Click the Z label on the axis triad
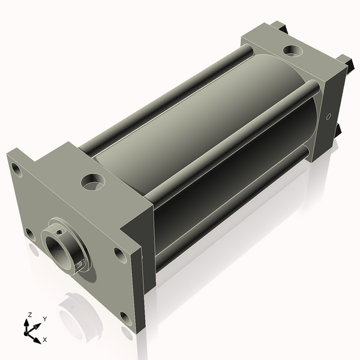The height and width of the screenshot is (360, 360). [x=30, y=314]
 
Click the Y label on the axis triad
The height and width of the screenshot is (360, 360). [x=45, y=319]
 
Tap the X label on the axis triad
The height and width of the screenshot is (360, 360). [x=45, y=340]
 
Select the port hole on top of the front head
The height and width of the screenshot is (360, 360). [x=93, y=182]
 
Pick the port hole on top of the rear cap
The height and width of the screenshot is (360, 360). [x=293, y=50]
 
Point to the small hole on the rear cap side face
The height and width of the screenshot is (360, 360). [x=329, y=116]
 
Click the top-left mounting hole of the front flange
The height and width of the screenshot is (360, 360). [x=17, y=170]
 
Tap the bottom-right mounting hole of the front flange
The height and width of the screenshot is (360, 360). [x=126, y=319]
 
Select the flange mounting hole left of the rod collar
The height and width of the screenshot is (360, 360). [x=31, y=234]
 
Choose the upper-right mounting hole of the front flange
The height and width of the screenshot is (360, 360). [x=121, y=255]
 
